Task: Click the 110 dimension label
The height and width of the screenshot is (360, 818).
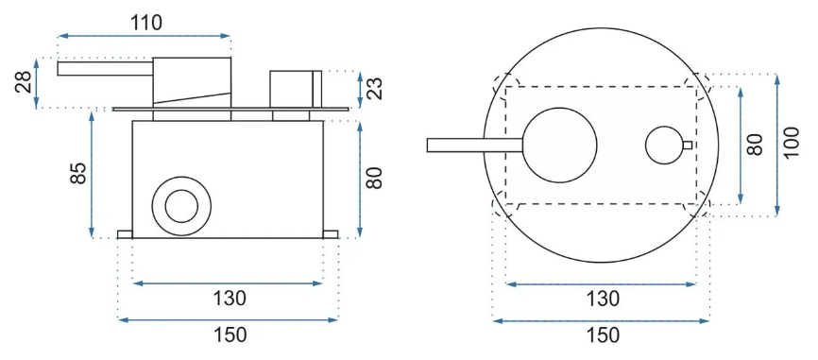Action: click(146, 22)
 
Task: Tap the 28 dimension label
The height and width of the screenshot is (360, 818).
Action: click(24, 82)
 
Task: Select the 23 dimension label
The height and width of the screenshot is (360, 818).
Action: click(375, 88)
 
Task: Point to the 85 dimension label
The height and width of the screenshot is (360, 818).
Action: click(77, 173)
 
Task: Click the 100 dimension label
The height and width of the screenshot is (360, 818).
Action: click(791, 143)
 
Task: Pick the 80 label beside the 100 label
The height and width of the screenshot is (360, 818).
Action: click(755, 145)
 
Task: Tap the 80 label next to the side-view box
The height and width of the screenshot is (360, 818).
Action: click(375, 178)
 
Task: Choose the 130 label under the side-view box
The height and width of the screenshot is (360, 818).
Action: click(229, 299)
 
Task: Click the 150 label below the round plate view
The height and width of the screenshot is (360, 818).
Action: click(602, 334)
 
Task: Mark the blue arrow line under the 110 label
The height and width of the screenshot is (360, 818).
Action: click(144, 36)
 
